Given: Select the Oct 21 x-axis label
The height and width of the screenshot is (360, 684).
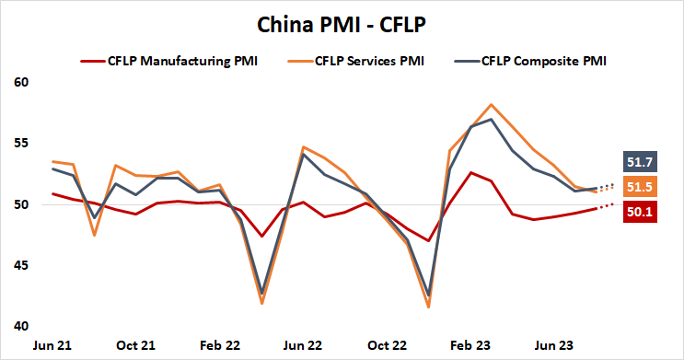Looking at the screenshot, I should coord(136,345).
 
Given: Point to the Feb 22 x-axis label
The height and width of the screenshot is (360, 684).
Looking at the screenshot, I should coord(220,345).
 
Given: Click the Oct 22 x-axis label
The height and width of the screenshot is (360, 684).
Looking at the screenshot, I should coord(387,345).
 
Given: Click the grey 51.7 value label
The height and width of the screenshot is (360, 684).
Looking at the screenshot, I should coord(642,162).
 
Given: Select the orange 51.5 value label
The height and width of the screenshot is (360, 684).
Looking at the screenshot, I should coord(642,188).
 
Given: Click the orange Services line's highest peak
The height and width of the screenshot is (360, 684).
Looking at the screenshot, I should coord(492,105).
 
